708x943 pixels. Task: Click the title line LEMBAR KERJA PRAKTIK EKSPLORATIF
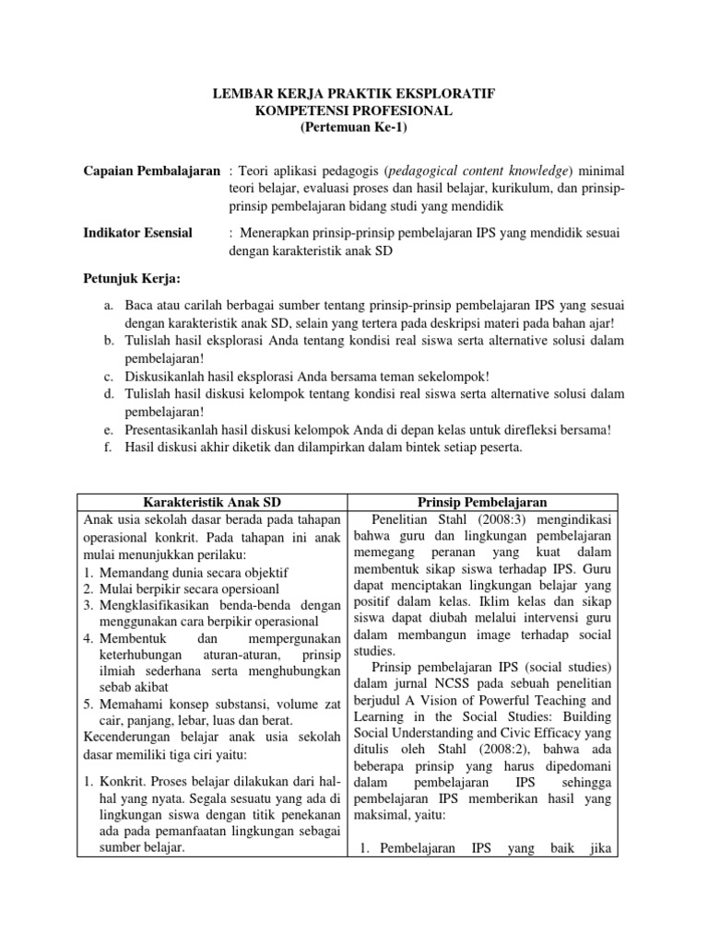(354, 94)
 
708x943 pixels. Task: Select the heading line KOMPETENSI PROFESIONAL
(354, 111)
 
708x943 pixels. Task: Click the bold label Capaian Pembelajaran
(151, 171)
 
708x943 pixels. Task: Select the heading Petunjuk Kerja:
(129, 277)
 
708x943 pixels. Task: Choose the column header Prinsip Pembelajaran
(482, 502)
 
